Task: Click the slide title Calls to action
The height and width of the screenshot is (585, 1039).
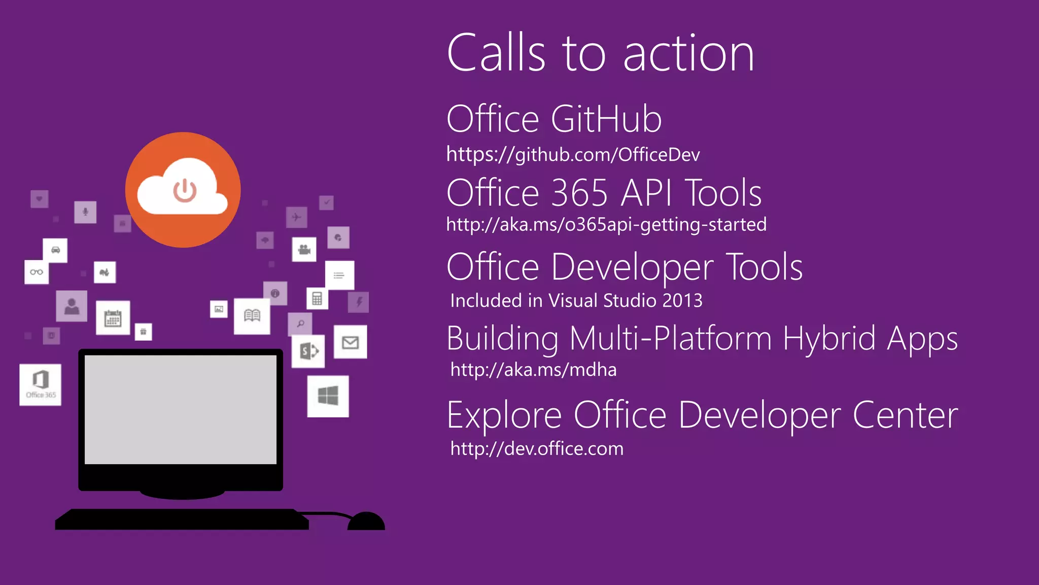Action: coord(600,53)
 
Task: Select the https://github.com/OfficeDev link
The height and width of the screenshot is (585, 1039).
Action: coord(573,154)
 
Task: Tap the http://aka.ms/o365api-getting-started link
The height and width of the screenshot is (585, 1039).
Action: coord(606,224)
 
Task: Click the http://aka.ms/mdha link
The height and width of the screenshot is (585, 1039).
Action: coord(533,370)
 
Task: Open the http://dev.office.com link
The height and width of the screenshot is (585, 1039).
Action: coord(537,449)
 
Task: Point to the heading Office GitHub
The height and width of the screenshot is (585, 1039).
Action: coord(554,119)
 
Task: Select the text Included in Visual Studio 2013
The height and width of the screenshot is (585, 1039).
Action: coord(576,301)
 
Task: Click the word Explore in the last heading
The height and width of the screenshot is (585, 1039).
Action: coord(504,415)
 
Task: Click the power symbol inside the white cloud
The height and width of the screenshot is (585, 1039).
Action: coord(185,191)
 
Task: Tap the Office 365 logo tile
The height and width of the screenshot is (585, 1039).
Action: coord(41,384)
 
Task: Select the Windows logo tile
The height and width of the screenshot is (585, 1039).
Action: coord(328,396)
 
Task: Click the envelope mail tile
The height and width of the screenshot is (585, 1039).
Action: coord(350,343)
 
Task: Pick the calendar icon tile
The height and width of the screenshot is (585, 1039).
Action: coord(113,318)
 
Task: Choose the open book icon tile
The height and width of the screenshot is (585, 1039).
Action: coord(252,316)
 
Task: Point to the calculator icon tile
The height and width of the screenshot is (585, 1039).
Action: coord(317,298)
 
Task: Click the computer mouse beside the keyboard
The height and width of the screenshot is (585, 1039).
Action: coord(366,522)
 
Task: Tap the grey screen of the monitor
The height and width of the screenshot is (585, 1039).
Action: coord(181,409)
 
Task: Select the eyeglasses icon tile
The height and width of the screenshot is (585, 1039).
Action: coord(37,272)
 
